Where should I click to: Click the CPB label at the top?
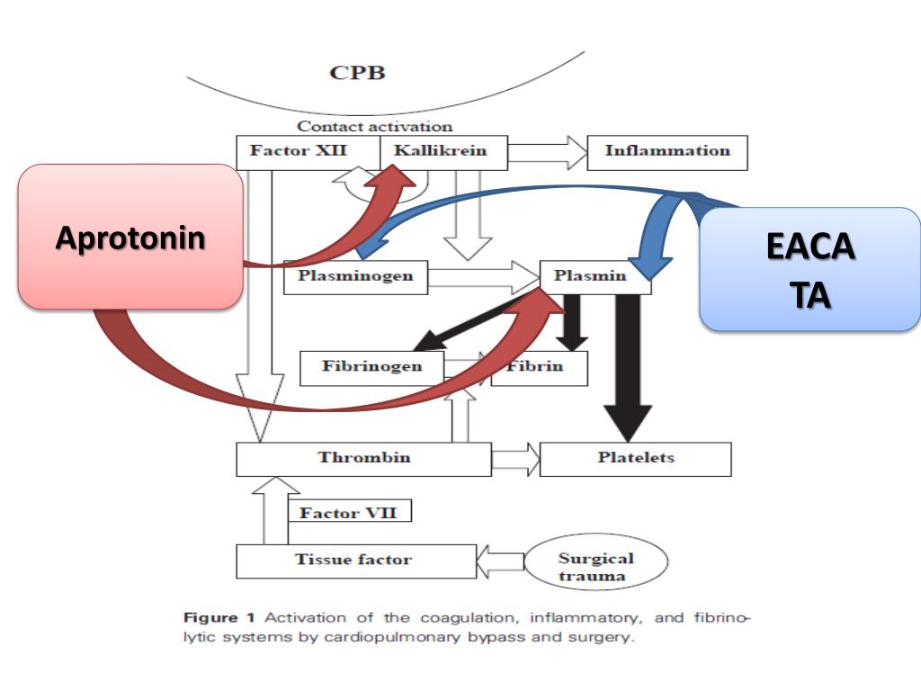click(x=357, y=73)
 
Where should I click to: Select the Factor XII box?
click(x=291, y=151)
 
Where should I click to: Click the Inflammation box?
click(x=666, y=151)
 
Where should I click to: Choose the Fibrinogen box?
click(x=371, y=367)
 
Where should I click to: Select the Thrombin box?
click(x=363, y=458)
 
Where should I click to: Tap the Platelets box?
click(x=635, y=458)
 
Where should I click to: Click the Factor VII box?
click(x=348, y=513)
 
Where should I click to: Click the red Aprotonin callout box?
click(x=130, y=238)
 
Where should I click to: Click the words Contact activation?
click(x=375, y=127)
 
